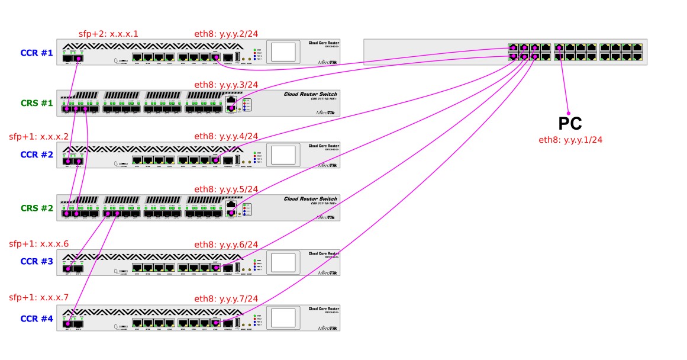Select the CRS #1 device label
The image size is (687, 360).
coord(37,103)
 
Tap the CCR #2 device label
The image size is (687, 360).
coord(37,155)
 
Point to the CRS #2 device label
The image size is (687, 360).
coord(37,208)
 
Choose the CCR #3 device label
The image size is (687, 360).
coord(37,261)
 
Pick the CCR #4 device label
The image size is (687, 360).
coord(37,319)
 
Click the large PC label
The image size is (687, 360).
coord(570,124)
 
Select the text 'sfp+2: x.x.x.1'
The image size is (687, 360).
coord(108,33)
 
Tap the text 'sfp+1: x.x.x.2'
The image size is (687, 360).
coord(38,137)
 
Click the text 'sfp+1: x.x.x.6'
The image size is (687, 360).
coord(38,244)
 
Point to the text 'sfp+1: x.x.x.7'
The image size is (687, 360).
coord(38,297)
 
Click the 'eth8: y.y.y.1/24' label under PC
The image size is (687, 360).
coord(570,140)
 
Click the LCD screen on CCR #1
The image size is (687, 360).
coord(283,51)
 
